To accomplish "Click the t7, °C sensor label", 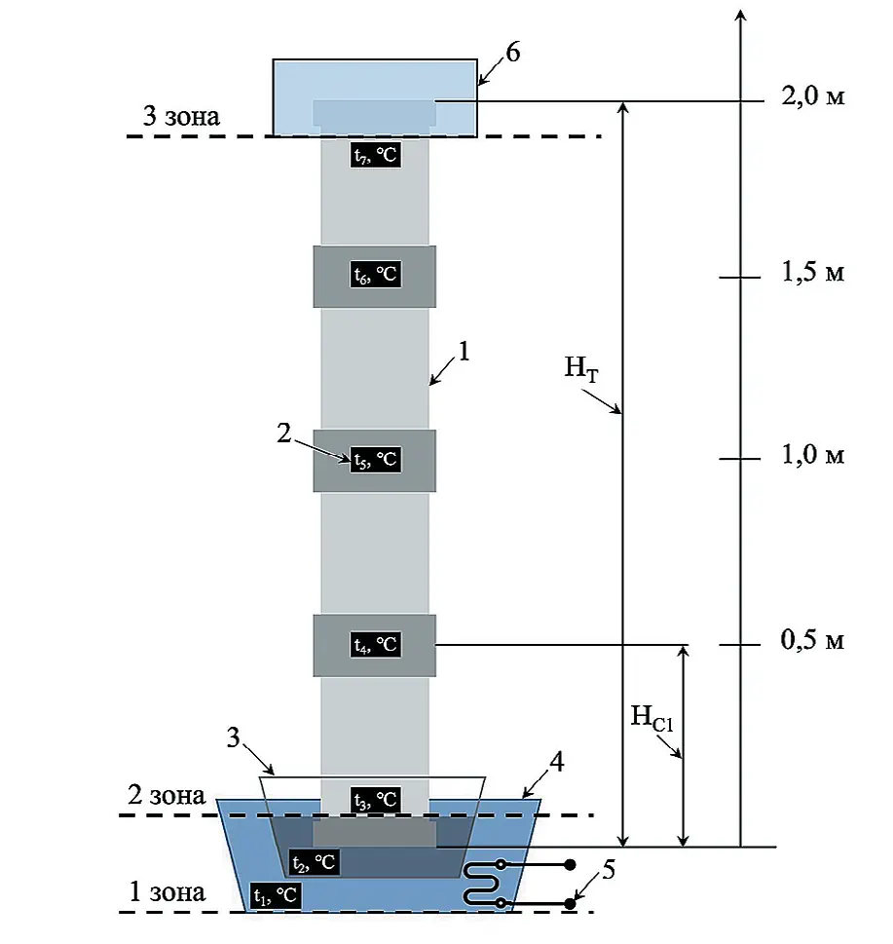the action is coord(376,155).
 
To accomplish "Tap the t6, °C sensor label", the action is coord(376,275).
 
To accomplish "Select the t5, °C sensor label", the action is coord(376,460).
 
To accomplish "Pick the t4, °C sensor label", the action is coord(376,644).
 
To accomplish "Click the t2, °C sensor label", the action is coord(315,862).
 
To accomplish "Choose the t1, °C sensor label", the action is coord(275,895).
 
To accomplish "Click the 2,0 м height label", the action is coord(813,96).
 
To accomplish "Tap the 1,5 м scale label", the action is coord(813,272).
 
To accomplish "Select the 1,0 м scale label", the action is coord(813,455).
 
